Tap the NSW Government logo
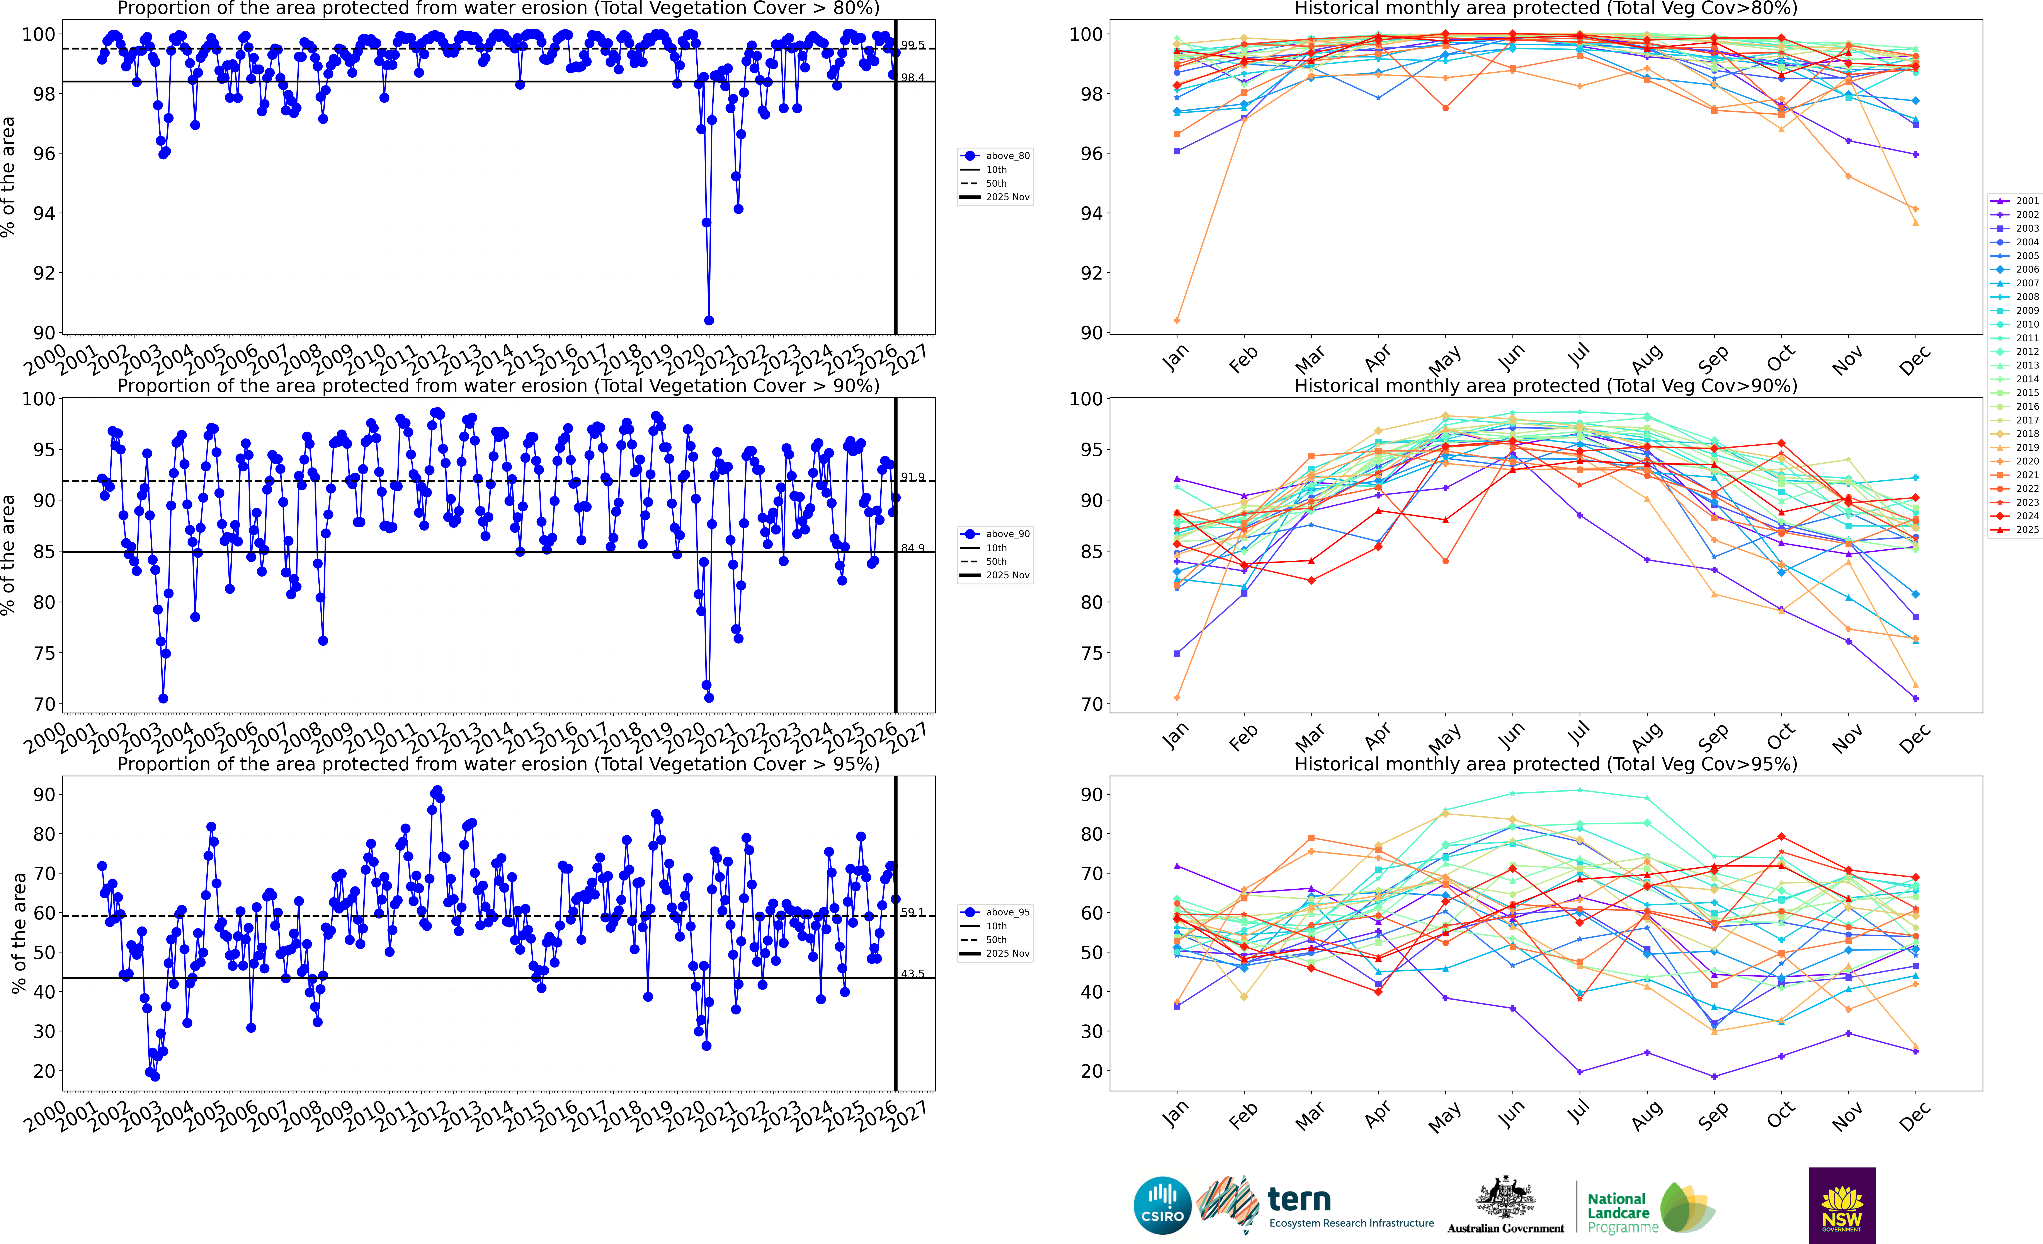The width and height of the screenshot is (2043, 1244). (1842, 1205)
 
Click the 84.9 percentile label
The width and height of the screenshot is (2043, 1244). (913, 548)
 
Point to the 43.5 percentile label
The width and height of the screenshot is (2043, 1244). (913, 974)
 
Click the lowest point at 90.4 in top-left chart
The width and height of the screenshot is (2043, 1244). (709, 320)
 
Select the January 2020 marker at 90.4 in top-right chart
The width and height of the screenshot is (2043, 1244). (1177, 320)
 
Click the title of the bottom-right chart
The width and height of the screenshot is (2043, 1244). (1546, 764)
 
